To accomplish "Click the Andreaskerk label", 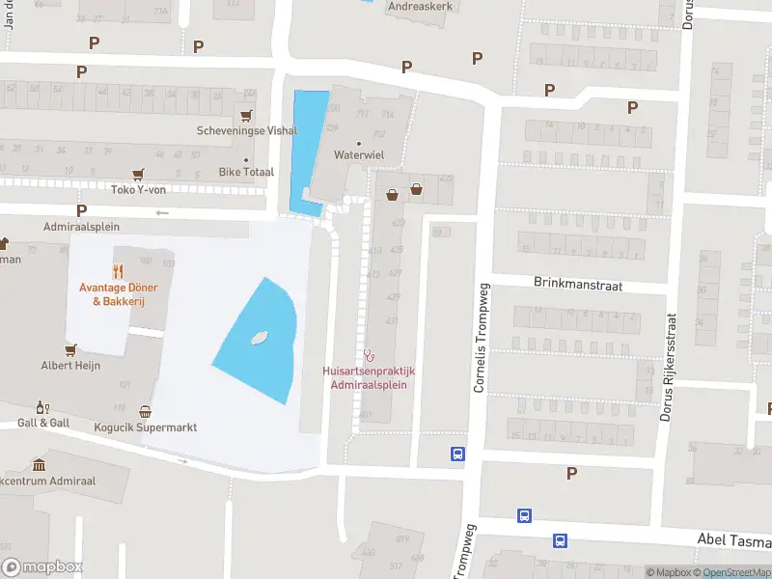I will coord(420,5).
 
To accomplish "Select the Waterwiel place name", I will coord(359,154).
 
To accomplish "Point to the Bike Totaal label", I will coord(246,172).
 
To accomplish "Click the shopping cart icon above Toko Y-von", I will coord(139,174).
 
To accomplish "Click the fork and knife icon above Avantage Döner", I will coord(119,271).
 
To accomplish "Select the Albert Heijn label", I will coord(70,366).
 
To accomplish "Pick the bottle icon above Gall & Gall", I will coord(41,407).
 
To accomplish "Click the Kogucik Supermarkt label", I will coord(146,427).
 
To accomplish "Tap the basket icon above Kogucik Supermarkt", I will coord(146,411).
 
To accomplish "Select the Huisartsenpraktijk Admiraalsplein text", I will coord(369,377).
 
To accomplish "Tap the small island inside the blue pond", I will coord(259,338).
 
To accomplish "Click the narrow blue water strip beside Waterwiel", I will coord(307,145).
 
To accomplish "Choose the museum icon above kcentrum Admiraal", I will coord(39,464).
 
